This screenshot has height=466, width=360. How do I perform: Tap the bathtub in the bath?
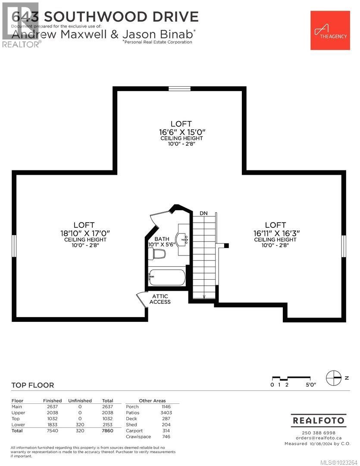coord(167,276)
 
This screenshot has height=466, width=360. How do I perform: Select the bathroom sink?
coord(182,239)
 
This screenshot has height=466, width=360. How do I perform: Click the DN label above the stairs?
coord(204,213)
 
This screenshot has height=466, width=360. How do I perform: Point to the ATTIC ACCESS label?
coord(160,299)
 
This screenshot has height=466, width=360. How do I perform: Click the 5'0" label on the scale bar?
coord(310,385)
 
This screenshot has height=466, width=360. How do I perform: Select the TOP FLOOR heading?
coord(33,385)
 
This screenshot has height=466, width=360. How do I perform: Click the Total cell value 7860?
coord(107,431)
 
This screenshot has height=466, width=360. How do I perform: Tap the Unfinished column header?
coord(80,400)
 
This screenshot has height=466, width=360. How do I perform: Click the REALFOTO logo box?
coord(319,420)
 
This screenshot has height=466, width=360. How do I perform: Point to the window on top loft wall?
coord(179,89)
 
